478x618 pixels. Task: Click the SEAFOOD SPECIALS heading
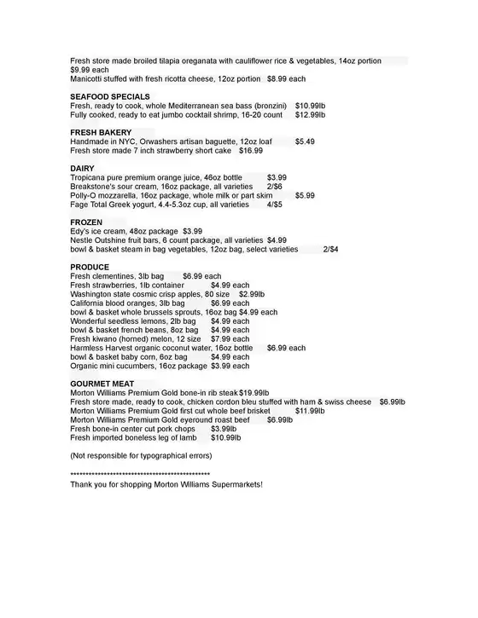pyautogui.click(x=110, y=96)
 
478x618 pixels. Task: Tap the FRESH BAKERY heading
pyautogui.click(x=101, y=132)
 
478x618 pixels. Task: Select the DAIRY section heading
pyautogui.click(x=82, y=168)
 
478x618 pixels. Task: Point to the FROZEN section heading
pyautogui.click(x=86, y=222)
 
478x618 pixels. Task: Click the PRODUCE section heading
pyautogui.click(x=90, y=267)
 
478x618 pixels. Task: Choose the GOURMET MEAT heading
pyautogui.click(x=102, y=384)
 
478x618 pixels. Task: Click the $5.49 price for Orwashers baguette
pyautogui.click(x=305, y=142)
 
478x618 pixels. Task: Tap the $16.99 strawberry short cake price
pyautogui.click(x=251, y=150)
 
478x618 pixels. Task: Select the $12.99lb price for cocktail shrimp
pyautogui.click(x=310, y=114)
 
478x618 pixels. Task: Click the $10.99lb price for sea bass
pyautogui.click(x=310, y=106)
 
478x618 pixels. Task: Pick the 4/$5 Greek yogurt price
pyautogui.click(x=274, y=205)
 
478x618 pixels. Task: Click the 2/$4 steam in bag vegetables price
pyautogui.click(x=330, y=249)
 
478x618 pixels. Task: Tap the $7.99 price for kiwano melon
pyautogui.click(x=230, y=338)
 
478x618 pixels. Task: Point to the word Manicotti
pyautogui.click(x=88, y=78)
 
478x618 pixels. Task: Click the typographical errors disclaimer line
pyautogui.click(x=141, y=455)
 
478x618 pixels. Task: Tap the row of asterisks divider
pyautogui.click(x=140, y=473)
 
